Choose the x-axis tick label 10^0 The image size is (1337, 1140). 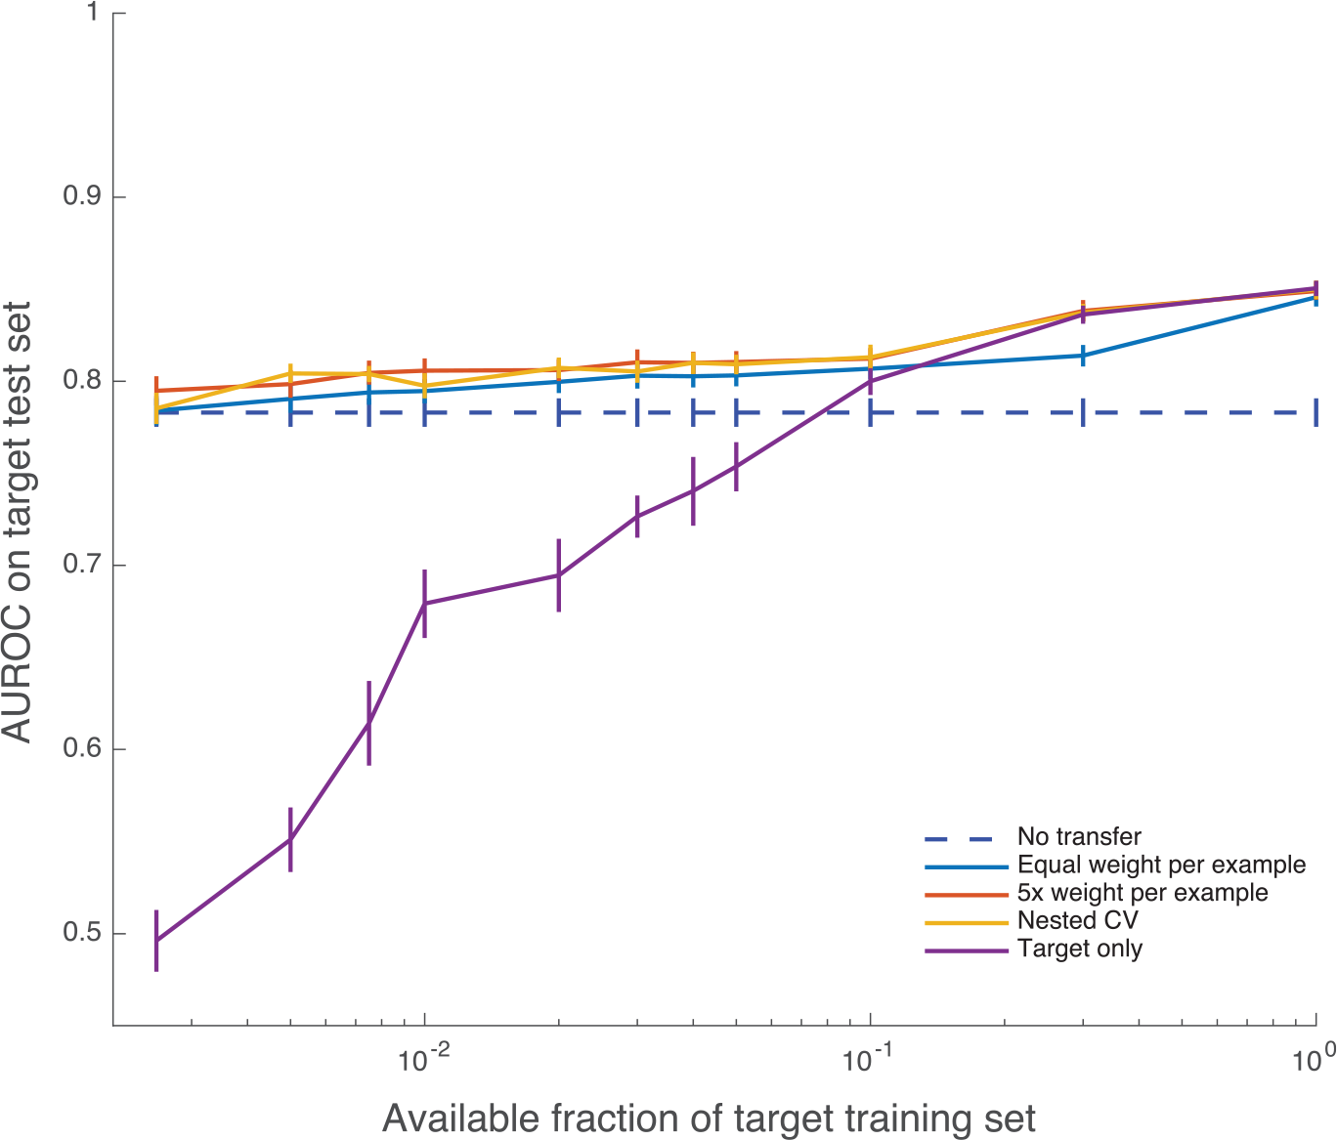[1315, 1061]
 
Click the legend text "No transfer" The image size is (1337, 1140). [1079, 837]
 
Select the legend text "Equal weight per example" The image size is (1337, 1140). [1161, 865]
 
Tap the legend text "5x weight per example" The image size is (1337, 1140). [1143, 893]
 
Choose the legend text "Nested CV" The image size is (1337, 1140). [1077, 920]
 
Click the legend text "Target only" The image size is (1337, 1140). [1080, 949]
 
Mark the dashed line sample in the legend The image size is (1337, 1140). [966, 838]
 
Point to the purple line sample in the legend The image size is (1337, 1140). [966, 950]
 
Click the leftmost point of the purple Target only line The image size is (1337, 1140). [156, 941]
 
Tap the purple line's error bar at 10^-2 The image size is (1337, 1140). [424, 604]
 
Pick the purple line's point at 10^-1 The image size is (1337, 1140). [870, 381]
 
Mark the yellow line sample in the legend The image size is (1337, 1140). [966, 921]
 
